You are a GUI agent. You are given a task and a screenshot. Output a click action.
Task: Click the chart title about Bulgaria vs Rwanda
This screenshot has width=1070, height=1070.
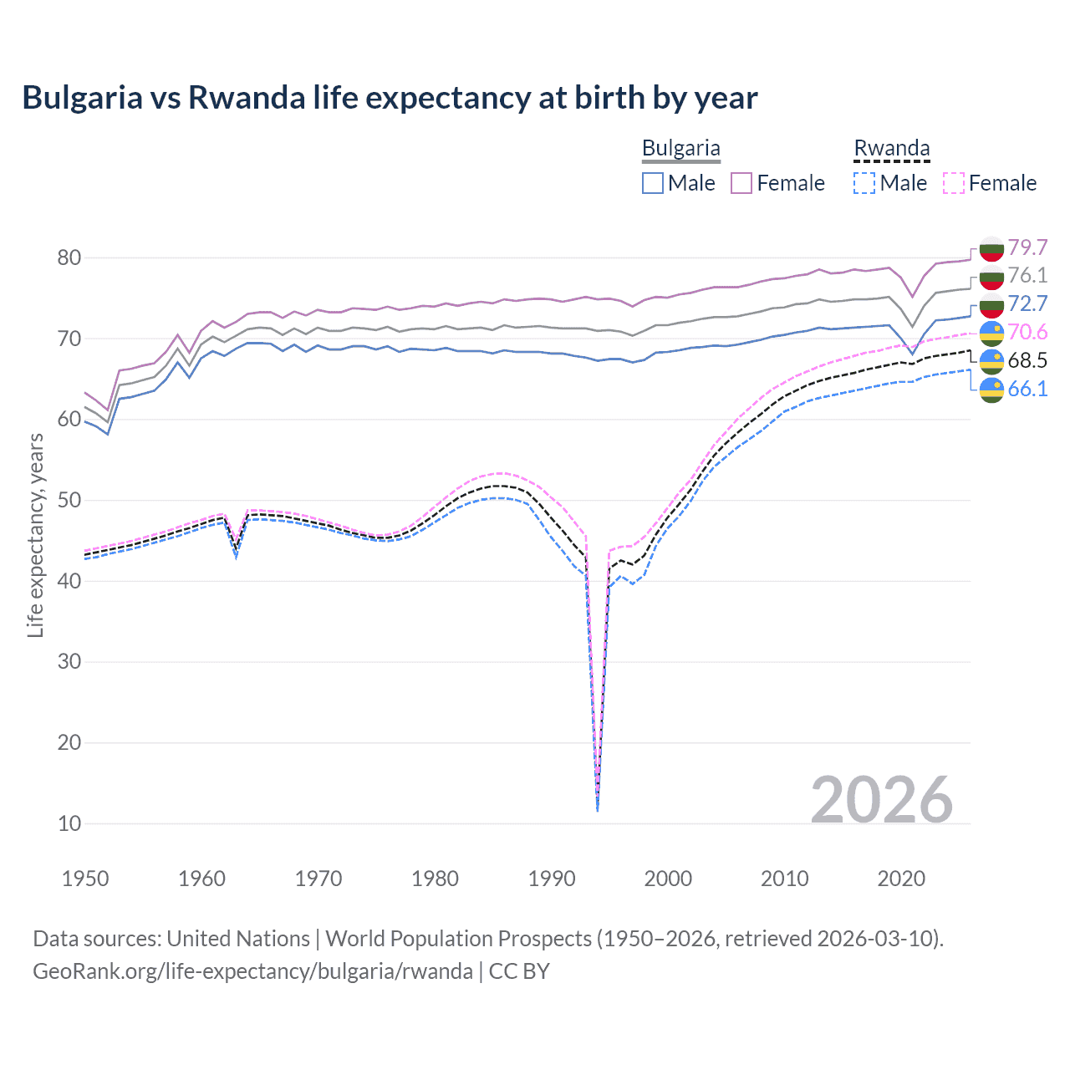[390, 98]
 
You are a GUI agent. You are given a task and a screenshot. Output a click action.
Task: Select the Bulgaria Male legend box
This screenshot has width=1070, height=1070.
[653, 183]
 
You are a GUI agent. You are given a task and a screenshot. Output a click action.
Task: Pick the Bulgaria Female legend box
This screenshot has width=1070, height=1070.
[741, 183]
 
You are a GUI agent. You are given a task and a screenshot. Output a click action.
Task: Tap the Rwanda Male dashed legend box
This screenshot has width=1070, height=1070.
[864, 183]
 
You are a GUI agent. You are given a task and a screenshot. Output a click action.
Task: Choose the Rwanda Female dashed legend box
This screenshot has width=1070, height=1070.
[953, 183]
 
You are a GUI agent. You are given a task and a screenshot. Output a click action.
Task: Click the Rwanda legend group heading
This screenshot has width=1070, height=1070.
[891, 149]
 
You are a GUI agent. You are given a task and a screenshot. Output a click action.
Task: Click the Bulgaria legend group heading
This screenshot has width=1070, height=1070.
[680, 149]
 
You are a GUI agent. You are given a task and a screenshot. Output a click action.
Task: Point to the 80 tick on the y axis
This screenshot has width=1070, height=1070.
[69, 257]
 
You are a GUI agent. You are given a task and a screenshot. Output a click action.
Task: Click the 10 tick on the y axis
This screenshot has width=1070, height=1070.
[69, 823]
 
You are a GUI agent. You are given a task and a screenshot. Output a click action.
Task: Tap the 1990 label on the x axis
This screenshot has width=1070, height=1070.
[552, 879]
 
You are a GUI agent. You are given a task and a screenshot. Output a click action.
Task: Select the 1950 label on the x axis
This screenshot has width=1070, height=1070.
[86, 879]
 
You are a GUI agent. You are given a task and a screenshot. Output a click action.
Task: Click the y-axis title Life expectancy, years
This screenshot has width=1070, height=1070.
[35, 535]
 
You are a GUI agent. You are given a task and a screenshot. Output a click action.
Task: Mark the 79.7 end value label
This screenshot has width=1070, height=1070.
[1027, 247]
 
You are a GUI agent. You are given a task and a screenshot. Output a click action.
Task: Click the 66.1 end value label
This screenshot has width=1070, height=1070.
[1027, 389]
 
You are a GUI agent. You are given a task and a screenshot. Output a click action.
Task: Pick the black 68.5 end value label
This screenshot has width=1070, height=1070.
[1027, 360]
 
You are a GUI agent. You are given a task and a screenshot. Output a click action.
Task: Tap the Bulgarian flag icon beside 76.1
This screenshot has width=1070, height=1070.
[991, 277]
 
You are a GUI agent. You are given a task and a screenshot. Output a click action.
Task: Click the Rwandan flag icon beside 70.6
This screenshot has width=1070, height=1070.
[991, 334]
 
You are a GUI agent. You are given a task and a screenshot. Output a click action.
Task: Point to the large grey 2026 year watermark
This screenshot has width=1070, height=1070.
[881, 800]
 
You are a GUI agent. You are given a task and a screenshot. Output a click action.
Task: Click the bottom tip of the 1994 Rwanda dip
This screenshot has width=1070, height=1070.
[597, 809]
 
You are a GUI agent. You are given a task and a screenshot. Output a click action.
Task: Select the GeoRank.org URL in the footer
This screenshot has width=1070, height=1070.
[252, 971]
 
